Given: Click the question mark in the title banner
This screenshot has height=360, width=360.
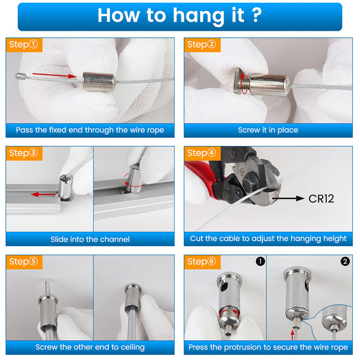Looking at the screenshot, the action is [257, 15].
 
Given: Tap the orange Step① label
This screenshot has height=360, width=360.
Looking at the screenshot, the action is [24, 45].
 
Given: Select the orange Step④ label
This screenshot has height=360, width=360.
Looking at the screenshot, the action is [202, 153].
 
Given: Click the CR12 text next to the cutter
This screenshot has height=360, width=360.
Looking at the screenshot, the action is [321, 199].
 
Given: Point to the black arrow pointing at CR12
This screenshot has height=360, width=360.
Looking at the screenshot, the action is [288, 198].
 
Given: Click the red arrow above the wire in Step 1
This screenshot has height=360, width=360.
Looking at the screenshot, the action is [54, 75].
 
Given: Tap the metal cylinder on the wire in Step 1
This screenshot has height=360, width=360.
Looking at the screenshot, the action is [99, 82].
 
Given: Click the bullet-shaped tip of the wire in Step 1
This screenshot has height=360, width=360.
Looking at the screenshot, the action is [20, 76].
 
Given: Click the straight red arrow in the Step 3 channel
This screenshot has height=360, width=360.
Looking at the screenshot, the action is [43, 195].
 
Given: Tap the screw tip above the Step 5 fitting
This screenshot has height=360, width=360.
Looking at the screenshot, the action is [48, 287].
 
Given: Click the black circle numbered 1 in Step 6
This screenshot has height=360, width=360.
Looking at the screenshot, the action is [260, 261].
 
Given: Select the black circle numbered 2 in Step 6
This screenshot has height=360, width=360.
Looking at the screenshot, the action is [345, 261].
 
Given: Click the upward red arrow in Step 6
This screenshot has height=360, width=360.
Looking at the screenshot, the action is [292, 334].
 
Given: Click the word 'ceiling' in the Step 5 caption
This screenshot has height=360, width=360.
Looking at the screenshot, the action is [133, 347].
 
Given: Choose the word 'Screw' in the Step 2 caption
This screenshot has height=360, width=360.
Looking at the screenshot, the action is [248, 130].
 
